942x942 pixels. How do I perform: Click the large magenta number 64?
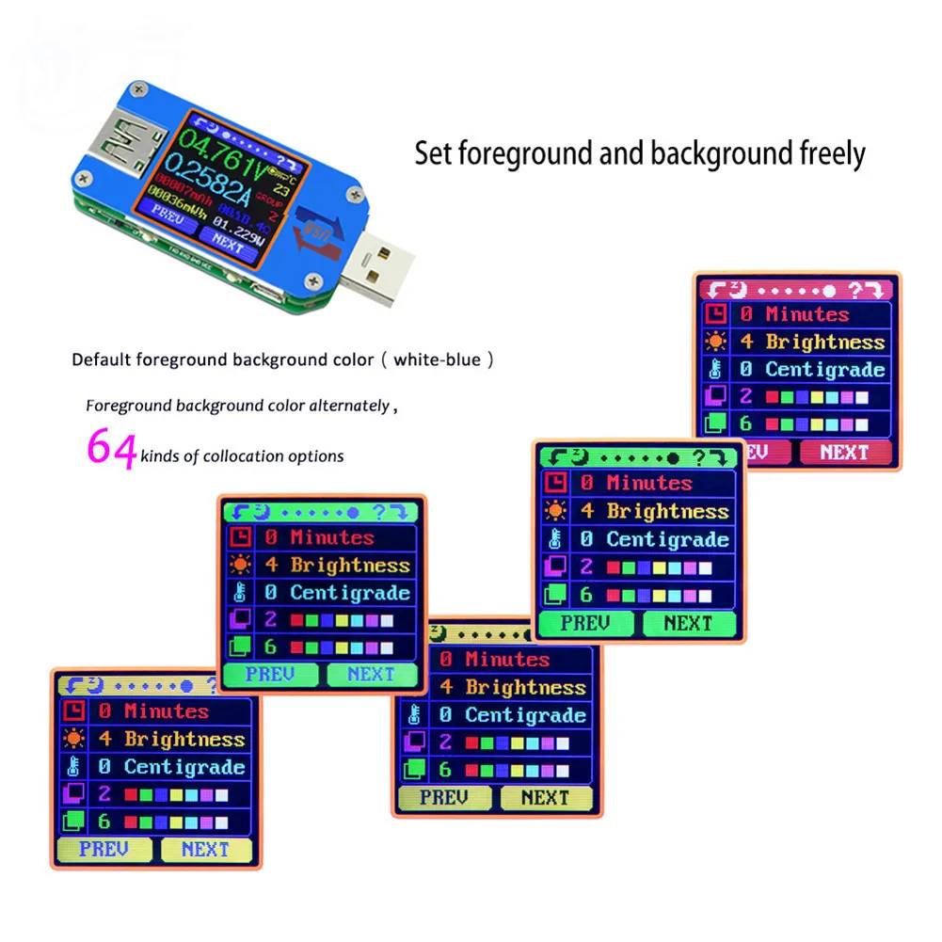111,449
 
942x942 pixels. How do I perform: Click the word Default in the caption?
102,359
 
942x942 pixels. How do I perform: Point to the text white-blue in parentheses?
441,359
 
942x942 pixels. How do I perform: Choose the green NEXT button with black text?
688,623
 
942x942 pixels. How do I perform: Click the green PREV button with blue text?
270,674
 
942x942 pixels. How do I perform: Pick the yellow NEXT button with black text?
545,798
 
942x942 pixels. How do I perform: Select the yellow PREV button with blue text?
104,849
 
